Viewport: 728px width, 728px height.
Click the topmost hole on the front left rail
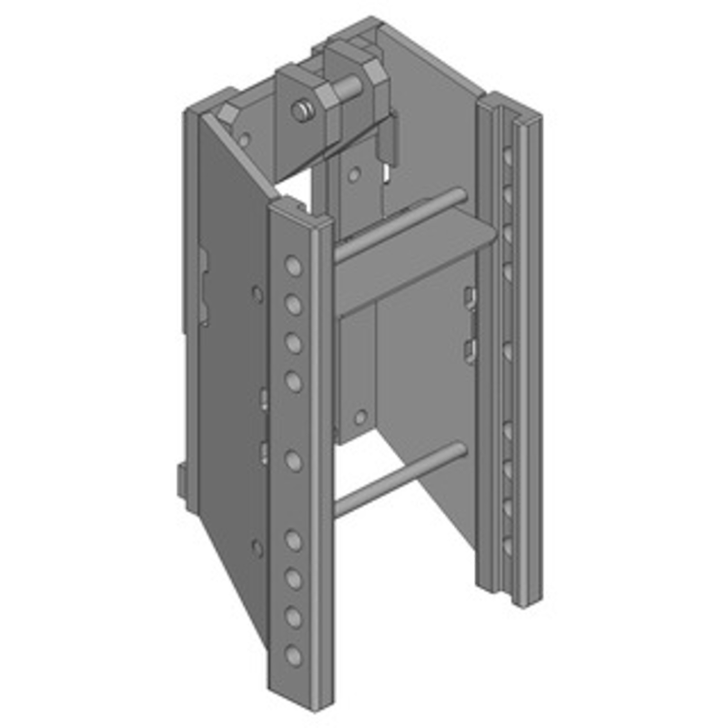pos(293,266)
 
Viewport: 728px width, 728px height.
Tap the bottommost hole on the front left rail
pos(292,654)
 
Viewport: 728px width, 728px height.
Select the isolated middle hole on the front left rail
pos(293,460)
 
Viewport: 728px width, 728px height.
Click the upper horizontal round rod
pos(400,224)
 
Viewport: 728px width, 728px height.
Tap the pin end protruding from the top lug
pos(298,112)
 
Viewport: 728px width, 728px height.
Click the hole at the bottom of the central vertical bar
pos(361,418)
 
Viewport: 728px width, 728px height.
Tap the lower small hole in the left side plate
pos(258,548)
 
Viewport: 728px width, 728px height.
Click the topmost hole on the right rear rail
pos(506,157)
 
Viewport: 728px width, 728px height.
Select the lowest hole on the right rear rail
pos(507,546)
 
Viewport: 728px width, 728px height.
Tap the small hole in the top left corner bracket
pos(244,139)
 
